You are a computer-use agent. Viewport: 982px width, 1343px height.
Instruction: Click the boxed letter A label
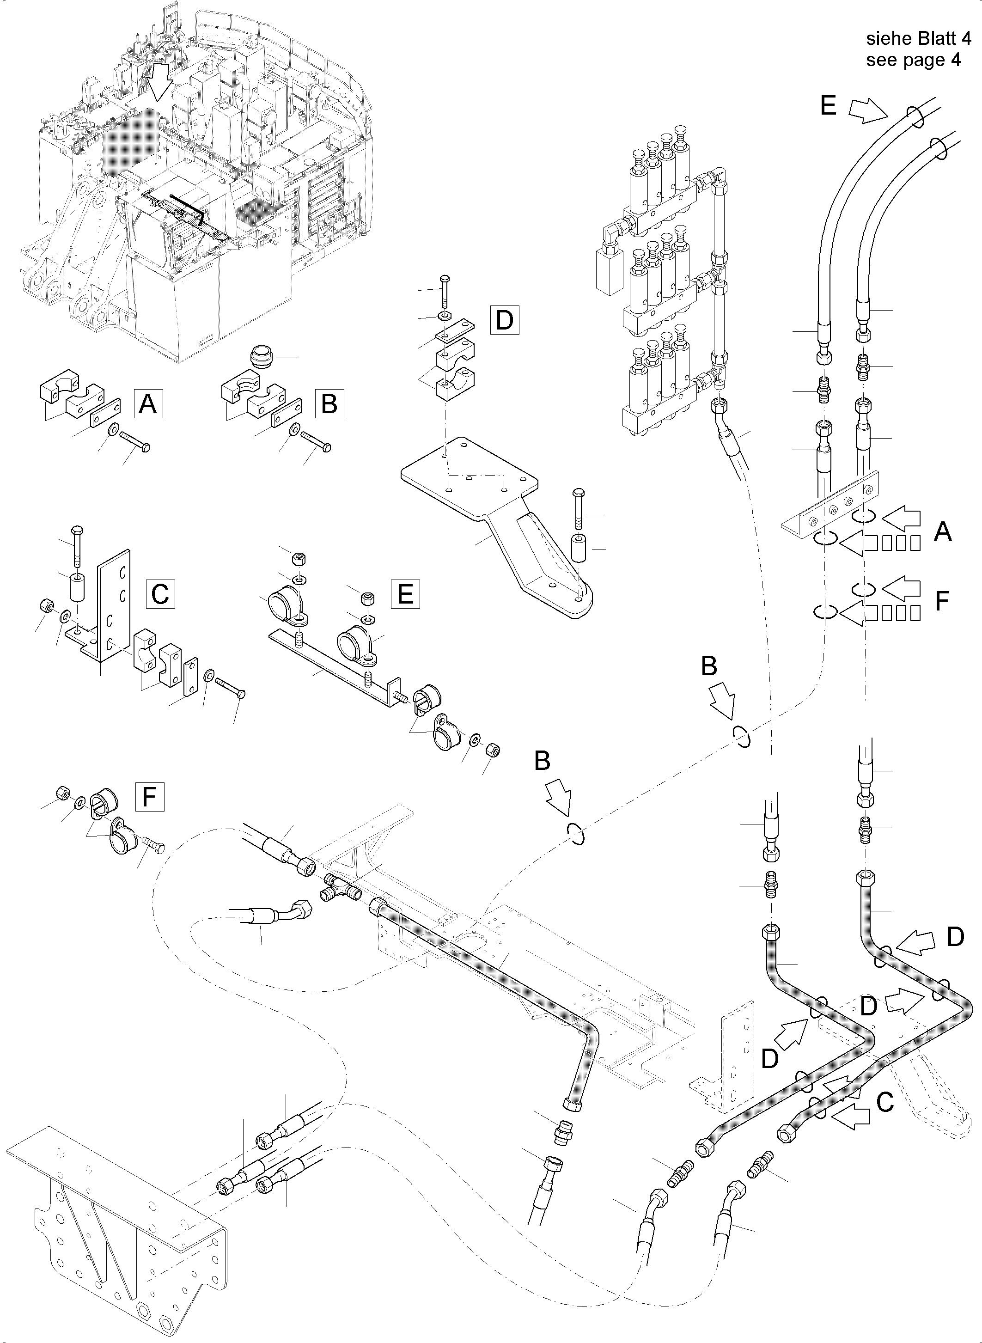click(148, 404)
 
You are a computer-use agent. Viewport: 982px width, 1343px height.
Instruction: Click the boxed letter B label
click(329, 404)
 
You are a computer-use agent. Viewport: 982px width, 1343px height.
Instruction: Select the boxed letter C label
click(160, 593)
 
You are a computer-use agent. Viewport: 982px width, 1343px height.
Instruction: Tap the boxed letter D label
click(505, 320)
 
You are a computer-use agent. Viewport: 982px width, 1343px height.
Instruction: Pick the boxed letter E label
click(405, 593)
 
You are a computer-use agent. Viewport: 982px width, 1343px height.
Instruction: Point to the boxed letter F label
click(150, 797)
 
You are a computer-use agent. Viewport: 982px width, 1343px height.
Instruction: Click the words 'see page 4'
click(913, 60)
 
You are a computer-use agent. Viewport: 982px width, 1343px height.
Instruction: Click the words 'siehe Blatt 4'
click(918, 39)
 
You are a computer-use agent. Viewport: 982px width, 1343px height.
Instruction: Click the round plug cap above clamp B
click(259, 357)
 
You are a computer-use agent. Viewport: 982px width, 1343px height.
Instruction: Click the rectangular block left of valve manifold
click(608, 272)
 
